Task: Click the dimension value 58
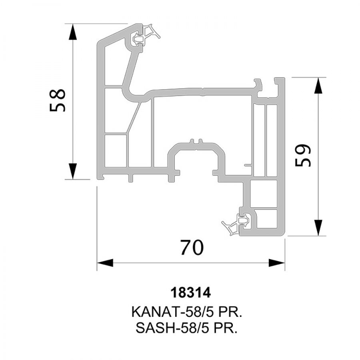click(x=58, y=100)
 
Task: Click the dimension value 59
click(x=303, y=156)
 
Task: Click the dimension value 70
click(x=192, y=248)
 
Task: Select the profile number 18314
click(x=190, y=293)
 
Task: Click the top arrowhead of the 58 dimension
click(x=73, y=32)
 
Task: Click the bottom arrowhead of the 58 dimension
click(x=73, y=171)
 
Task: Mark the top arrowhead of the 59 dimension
click(x=318, y=86)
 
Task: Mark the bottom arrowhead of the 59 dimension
click(x=318, y=228)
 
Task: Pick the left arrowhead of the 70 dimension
click(x=105, y=263)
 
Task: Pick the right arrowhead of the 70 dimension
click(x=277, y=263)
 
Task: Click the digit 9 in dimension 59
click(x=303, y=150)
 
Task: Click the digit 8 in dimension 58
click(x=58, y=94)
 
